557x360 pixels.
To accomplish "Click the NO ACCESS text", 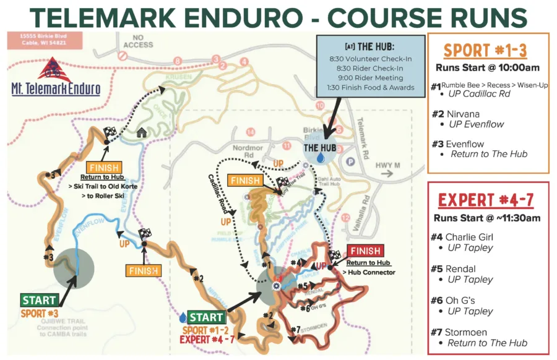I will coord(137,41).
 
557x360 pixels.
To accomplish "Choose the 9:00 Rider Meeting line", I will coord(366,78).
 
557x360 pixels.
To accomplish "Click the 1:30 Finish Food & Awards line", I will coord(366,88).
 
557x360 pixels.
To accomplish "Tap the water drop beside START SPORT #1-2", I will coord(183,317).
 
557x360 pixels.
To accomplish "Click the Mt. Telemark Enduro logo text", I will coord(55,88).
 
